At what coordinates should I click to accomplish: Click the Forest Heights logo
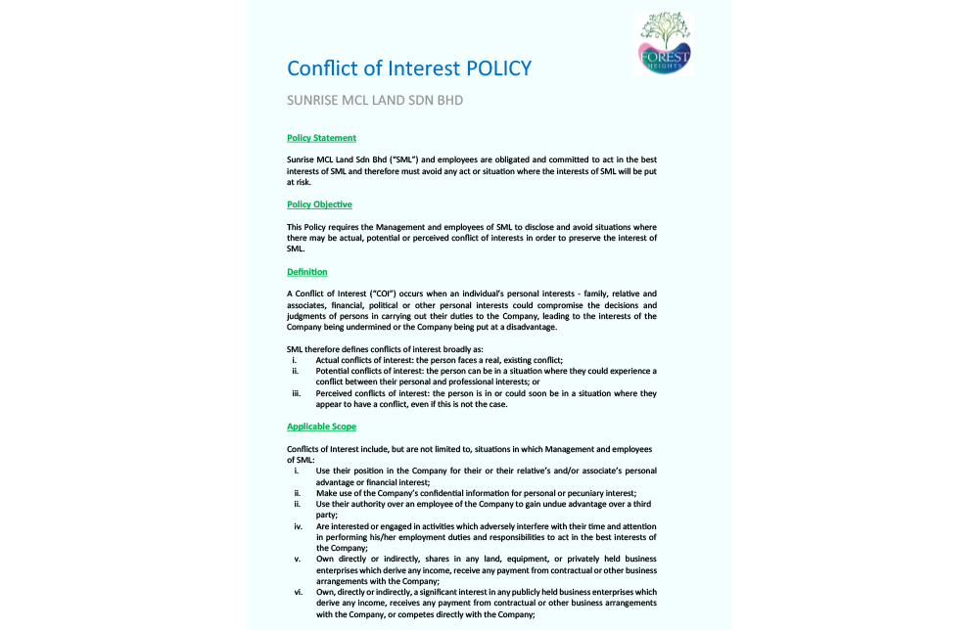click(x=663, y=43)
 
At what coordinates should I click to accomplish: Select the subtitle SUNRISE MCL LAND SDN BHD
click(x=375, y=101)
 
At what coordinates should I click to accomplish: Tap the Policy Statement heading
click(x=321, y=138)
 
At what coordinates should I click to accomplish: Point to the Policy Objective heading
click(x=319, y=204)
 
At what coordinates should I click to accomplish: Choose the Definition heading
click(x=306, y=272)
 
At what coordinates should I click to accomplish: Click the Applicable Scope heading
click(x=321, y=427)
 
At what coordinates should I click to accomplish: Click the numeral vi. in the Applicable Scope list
click(x=298, y=592)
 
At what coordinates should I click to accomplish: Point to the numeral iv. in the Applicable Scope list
click(x=298, y=526)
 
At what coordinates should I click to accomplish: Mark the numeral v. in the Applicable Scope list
click(x=297, y=559)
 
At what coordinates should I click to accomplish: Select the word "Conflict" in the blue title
click(x=322, y=68)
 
